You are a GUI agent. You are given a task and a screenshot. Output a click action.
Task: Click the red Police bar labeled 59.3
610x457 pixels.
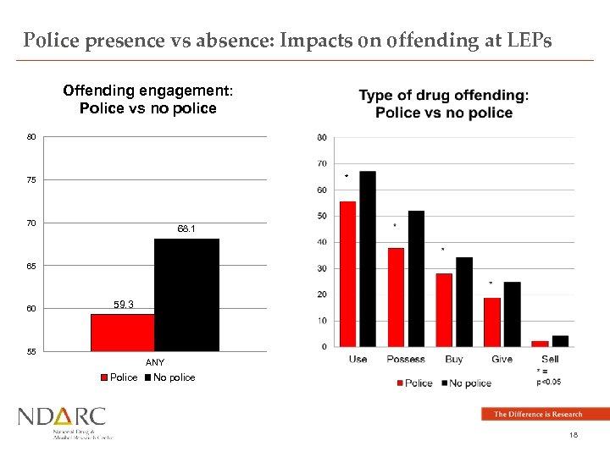pyautogui.click(x=122, y=332)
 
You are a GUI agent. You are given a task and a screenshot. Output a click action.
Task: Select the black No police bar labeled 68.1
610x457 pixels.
pyautogui.click(x=186, y=295)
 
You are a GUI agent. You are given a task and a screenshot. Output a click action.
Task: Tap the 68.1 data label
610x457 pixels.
pyautogui.click(x=186, y=229)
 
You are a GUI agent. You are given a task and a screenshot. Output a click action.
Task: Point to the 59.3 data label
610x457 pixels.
pyautogui.click(x=123, y=305)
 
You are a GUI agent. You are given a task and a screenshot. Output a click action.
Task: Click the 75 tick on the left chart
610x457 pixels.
pyautogui.click(x=30, y=180)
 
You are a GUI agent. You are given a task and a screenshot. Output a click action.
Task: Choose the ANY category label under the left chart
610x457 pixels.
pyautogui.click(x=155, y=362)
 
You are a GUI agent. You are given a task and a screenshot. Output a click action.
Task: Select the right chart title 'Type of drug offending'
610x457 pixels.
pyautogui.click(x=444, y=96)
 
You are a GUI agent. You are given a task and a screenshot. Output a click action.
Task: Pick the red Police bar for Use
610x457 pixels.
pyautogui.click(x=348, y=273)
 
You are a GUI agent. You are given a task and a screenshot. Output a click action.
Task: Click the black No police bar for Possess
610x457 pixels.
pyautogui.click(x=416, y=278)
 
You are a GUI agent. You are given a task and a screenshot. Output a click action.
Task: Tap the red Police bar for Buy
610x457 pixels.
pyautogui.click(x=444, y=310)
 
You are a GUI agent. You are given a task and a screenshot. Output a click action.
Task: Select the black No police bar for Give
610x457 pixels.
pyautogui.click(x=512, y=314)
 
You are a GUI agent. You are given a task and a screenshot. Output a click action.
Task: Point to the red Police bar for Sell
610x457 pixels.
pyautogui.click(x=540, y=343)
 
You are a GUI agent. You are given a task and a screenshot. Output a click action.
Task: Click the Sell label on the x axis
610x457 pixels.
pyautogui.click(x=549, y=359)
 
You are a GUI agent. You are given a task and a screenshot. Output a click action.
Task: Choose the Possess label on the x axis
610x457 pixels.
pyautogui.click(x=406, y=359)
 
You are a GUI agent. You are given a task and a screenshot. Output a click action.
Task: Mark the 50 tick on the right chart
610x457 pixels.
pyautogui.click(x=321, y=216)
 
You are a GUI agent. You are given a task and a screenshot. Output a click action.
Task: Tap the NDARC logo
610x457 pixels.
pyautogui.click(x=64, y=421)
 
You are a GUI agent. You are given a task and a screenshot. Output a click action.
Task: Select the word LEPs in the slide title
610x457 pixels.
pyautogui.click(x=530, y=41)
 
